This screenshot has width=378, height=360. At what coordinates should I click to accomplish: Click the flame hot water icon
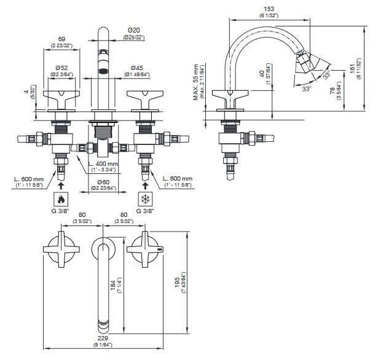(x=60, y=199)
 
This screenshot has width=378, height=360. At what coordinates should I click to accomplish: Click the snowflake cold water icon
(x=146, y=199)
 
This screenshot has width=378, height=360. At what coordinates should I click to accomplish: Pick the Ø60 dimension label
(x=101, y=182)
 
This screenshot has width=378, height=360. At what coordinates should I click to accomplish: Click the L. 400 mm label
(x=103, y=165)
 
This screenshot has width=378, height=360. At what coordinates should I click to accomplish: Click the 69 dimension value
(x=61, y=38)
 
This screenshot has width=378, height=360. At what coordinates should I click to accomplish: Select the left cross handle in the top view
(x=60, y=249)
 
